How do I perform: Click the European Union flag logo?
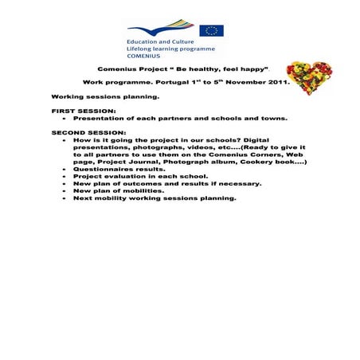(x=211, y=30)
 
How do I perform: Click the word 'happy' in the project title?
(x=252, y=70)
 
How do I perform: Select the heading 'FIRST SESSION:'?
(x=84, y=111)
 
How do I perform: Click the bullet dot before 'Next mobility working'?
(x=65, y=198)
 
